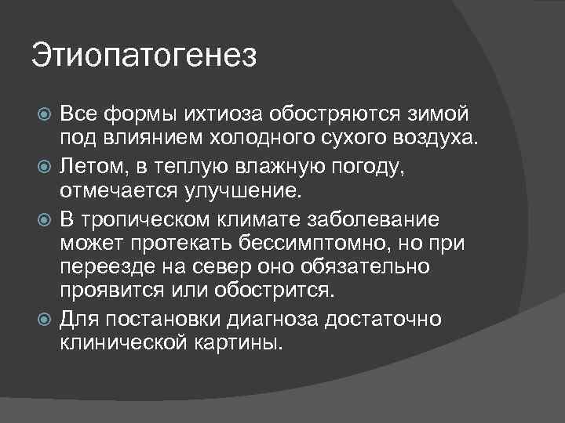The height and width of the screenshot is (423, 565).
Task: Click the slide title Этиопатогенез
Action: (144, 57)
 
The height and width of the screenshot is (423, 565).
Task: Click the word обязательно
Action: (374, 266)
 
